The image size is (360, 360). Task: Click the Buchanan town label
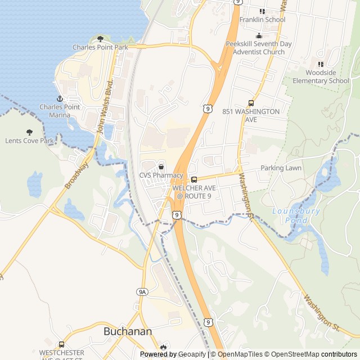click(128, 331)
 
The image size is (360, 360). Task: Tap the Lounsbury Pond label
click(296, 215)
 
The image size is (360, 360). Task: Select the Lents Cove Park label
click(29, 141)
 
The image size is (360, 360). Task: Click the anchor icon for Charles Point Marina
click(55, 98)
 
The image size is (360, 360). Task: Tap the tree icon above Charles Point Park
click(100, 39)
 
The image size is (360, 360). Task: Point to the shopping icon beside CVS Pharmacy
click(161, 166)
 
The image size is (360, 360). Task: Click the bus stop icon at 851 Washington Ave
click(251, 103)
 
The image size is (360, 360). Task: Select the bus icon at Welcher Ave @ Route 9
click(194, 179)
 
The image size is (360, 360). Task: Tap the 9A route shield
click(142, 291)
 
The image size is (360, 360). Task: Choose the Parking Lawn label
click(281, 168)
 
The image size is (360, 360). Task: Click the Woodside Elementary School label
click(321, 76)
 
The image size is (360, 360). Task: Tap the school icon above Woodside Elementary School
click(321, 64)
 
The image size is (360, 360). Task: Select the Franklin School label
click(262, 20)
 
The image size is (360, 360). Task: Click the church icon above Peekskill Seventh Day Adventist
click(259, 35)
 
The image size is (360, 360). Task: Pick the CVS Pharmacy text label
click(161, 175)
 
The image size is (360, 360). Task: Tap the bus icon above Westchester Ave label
click(61, 344)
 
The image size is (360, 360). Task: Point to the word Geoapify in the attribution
click(193, 354)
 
